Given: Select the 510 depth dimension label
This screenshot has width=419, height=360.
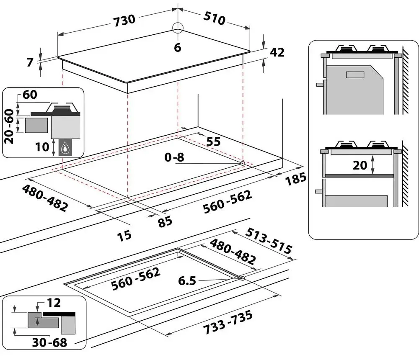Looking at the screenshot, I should point(214,18).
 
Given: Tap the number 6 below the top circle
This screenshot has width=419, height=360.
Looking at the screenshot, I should point(177,48).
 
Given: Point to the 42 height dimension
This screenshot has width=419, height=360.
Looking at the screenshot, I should point(277,52).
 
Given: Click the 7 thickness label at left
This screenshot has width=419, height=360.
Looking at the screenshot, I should point(29,62).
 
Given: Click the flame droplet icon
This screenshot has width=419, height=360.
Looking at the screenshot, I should point(65,147).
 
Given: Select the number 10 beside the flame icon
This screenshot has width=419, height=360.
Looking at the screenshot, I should point(43,147).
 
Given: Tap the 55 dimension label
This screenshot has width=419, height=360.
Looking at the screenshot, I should point(213,141).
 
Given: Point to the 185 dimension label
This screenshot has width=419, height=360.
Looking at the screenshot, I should point(295,180).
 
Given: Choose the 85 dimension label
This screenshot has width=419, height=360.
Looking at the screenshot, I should point(165,221).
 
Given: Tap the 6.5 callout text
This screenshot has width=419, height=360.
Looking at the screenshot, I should point(186,281).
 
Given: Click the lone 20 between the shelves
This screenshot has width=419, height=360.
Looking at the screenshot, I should point(360,165).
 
